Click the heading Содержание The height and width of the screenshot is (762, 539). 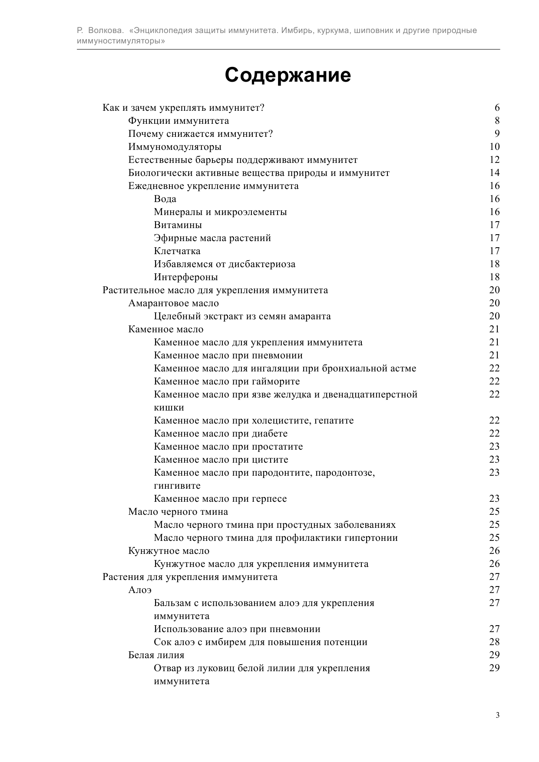pos(288,75)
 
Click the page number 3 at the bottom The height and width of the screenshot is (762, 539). pos(497,715)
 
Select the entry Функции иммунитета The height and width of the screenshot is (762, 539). pos(179,121)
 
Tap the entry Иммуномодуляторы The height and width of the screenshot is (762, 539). pos(175,147)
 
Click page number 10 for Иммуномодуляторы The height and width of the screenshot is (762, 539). pos(494,147)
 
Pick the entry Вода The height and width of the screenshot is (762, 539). pos(165,199)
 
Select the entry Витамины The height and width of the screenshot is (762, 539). pos(178,225)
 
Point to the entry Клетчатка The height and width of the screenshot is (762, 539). pos(177,251)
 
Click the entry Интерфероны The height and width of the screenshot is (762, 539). pos(186,277)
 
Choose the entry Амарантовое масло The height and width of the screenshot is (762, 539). pos(173,303)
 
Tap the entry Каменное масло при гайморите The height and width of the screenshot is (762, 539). pos(227,381)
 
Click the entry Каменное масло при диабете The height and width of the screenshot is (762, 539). pos(221,434)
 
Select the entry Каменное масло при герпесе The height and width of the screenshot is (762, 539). pos(220,499)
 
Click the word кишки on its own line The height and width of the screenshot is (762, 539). pos(169,408)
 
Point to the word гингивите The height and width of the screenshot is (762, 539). pos(177,486)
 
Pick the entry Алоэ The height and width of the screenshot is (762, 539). pos(140,590)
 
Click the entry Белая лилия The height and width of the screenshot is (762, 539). pos(156,655)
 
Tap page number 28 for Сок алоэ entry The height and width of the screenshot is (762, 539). pos(494,642)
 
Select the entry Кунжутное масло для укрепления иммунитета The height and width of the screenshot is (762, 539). pos(261,564)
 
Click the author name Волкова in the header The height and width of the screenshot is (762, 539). pos(106,30)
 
